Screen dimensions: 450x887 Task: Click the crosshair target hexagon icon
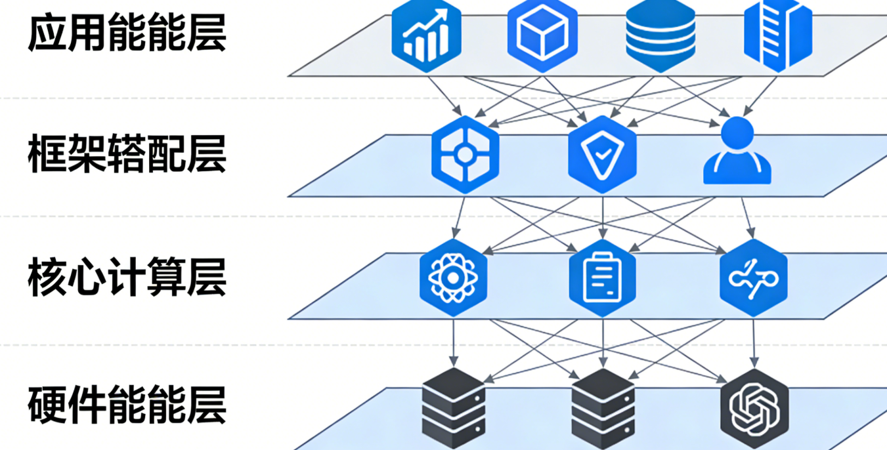tap(465, 155)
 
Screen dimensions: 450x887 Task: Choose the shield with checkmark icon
tap(602, 155)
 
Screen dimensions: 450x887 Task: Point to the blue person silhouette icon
tap(737, 152)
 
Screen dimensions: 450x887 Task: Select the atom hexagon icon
tap(453, 276)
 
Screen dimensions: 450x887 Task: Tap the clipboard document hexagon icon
tap(602, 277)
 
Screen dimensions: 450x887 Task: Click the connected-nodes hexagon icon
tap(753, 277)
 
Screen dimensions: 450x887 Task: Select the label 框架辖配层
tap(127, 155)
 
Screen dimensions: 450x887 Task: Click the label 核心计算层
tap(127, 277)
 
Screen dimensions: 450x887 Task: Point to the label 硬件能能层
tap(127, 405)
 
